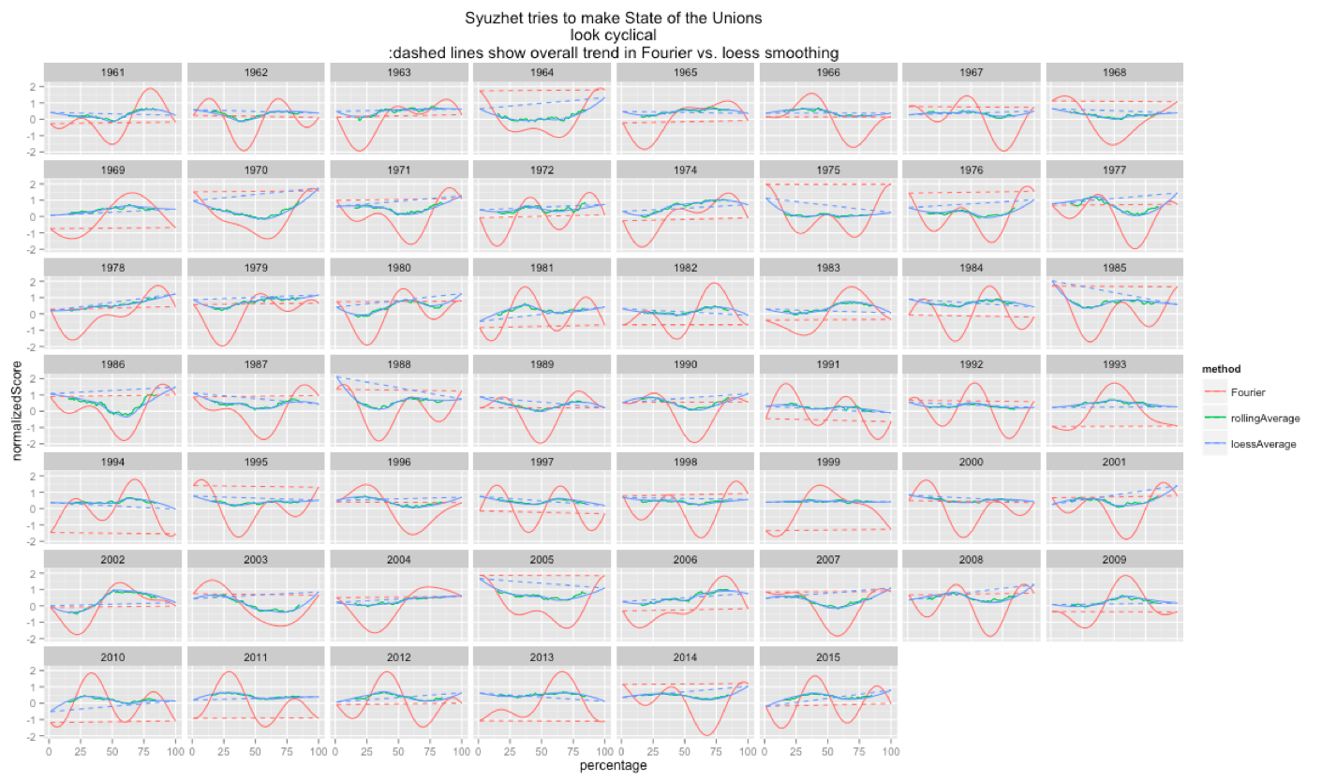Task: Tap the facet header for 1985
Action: click(1115, 267)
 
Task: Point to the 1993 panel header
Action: click(1115, 364)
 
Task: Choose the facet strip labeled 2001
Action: click(1115, 462)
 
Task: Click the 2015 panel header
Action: click(828, 656)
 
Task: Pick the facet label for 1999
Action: click(828, 462)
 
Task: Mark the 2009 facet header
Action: click(1115, 559)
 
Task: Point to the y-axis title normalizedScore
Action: click(15, 410)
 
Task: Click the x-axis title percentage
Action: click(615, 765)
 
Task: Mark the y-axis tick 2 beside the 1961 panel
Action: click(33, 86)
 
